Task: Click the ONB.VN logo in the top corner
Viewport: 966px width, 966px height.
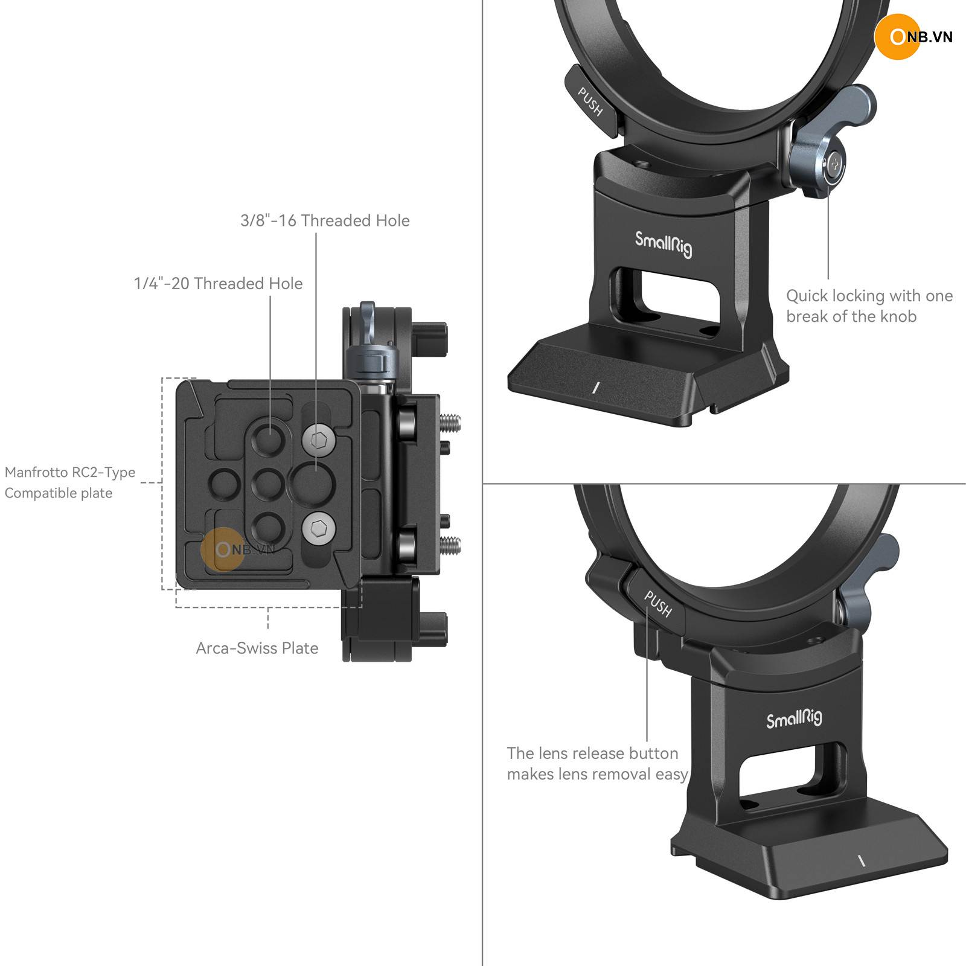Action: (913, 37)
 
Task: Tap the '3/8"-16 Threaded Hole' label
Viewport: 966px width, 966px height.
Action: (325, 221)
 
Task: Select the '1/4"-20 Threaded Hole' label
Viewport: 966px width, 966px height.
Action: (218, 284)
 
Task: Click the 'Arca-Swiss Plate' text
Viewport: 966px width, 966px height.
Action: (257, 648)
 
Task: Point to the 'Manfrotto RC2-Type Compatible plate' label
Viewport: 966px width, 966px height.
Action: (70, 482)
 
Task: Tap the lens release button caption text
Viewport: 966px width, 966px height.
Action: (597, 764)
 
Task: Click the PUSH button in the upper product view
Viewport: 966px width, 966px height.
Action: (591, 101)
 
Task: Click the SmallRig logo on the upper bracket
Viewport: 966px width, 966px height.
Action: (664, 245)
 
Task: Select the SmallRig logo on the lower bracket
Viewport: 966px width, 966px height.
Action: (794, 718)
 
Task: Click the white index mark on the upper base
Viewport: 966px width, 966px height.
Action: (595, 387)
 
